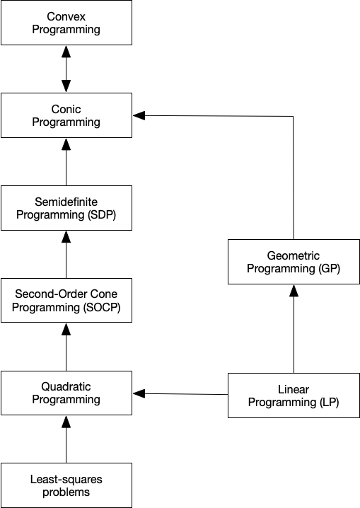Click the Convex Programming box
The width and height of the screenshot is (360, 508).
pos(66,23)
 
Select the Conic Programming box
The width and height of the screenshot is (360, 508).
pos(66,115)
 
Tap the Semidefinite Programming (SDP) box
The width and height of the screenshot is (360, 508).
pos(66,208)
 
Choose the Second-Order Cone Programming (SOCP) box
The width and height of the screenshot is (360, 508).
pos(66,301)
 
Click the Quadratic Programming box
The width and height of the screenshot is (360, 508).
pos(66,393)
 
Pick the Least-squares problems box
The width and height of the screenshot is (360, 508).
pos(66,485)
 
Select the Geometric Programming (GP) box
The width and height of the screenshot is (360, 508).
pos(294,262)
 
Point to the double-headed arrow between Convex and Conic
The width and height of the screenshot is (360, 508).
pos(66,69)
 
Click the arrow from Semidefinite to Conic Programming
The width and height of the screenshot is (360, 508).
pos(66,163)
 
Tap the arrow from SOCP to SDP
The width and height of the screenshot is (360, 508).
pos(66,255)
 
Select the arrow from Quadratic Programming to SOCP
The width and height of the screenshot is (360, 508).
pos(66,347)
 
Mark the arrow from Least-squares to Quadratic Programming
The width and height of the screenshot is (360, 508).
pos(66,440)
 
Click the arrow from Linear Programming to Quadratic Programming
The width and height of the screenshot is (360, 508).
pos(180,393)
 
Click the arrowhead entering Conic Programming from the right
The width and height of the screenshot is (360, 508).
pos(139,115)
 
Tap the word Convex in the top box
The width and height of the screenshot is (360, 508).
pos(66,16)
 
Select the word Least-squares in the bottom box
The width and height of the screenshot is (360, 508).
pos(66,480)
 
